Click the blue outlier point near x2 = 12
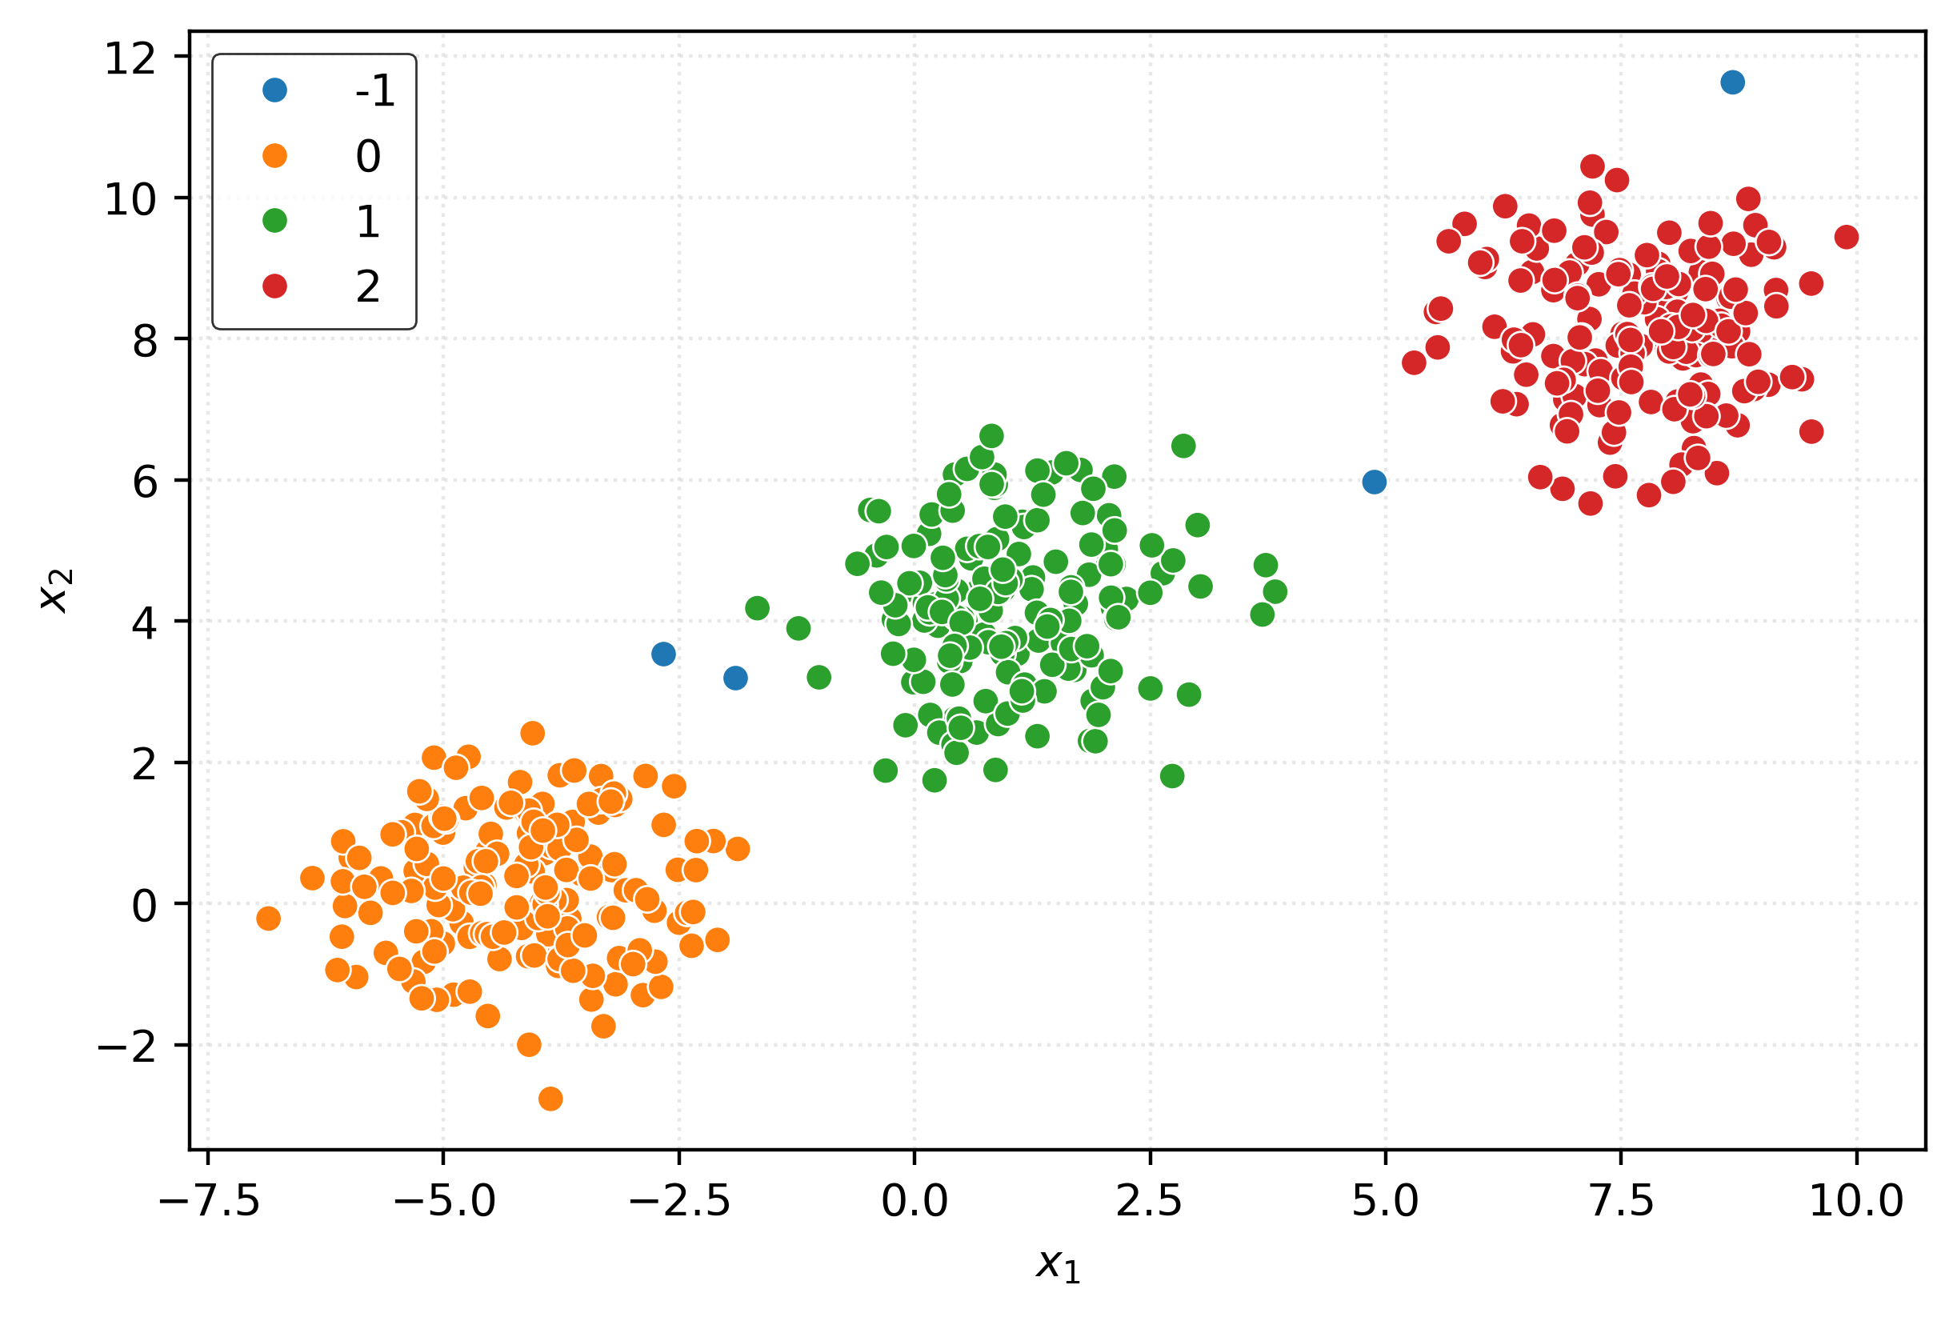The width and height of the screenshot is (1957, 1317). coord(1732,82)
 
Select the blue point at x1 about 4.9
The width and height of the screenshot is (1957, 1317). coord(1374,482)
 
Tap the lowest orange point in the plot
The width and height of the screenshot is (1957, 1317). coord(550,1099)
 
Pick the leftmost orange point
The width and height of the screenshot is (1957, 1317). coord(268,919)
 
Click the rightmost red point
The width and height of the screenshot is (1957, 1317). coord(1846,237)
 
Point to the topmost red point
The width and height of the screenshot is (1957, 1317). coord(1591,166)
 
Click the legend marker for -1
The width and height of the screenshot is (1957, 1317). coord(274,90)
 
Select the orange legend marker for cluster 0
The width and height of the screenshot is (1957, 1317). coord(274,155)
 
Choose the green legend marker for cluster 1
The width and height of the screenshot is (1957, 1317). coord(274,221)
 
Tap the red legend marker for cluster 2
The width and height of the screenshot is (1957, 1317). coord(274,286)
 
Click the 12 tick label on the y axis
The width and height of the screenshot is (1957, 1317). coord(130,58)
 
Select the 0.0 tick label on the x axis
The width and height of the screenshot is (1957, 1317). coord(914,1202)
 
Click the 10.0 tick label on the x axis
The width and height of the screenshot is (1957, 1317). coord(1855,1202)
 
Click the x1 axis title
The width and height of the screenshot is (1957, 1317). coord(1058,1265)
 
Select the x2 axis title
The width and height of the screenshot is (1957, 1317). coord(57,590)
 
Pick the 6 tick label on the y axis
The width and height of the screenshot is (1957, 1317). coord(144,483)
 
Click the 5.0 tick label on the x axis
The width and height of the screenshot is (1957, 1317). coord(1385,1202)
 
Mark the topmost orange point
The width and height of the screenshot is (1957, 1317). coord(532,733)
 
